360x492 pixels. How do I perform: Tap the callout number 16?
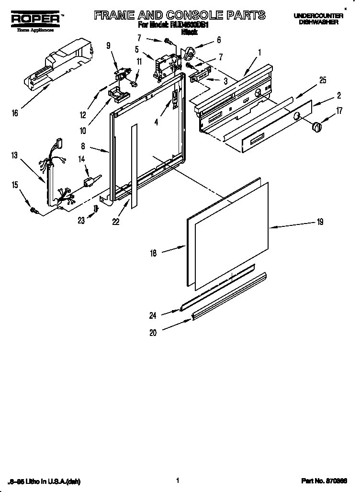pyautogui.click(x=15, y=113)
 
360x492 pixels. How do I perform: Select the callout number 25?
pyautogui.click(x=323, y=80)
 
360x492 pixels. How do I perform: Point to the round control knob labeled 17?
pyautogui.click(x=317, y=127)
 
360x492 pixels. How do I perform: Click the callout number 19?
pyautogui.click(x=320, y=222)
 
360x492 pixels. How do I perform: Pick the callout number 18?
pyautogui.click(x=153, y=253)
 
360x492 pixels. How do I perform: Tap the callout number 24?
pyautogui.click(x=153, y=315)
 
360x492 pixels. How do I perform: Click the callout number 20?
pyautogui.click(x=153, y=333)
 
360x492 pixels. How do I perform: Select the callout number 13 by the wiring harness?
pyautogui.click(x=15, y=155)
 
